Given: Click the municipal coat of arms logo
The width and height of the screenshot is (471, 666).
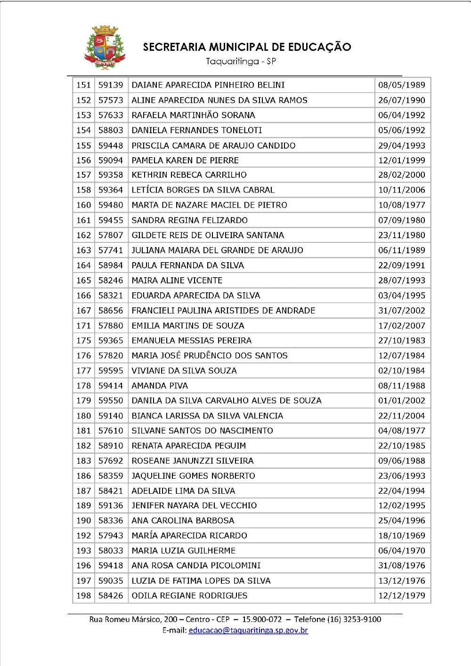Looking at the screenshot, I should [x=105, y=48].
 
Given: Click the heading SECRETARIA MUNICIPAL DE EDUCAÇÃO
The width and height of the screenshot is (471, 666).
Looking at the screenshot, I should [x=247, y=47].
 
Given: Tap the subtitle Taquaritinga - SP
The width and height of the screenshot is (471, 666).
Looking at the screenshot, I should [x=241, y=61].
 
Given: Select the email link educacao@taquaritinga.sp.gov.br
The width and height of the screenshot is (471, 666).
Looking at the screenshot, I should [x=248, y=630].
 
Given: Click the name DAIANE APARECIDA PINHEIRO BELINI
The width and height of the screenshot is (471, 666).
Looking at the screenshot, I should [x=208, y=85].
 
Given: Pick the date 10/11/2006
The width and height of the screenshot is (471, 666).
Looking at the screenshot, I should [x=401, y=190].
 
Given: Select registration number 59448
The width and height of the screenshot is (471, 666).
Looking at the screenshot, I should [x=111, y=146].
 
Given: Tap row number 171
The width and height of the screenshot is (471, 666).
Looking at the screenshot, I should [x=83, y=326].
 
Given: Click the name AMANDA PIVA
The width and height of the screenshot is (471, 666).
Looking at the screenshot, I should [x=160, y=386].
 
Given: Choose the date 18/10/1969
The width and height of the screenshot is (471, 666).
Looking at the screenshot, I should [x=401, y=536].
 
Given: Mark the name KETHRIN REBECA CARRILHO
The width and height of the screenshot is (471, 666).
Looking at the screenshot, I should [x=189, y=175].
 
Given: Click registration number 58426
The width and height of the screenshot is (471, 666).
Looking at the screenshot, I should [x=111, y=596].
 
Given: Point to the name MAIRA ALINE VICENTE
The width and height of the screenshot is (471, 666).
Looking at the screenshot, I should [x=177, y=281].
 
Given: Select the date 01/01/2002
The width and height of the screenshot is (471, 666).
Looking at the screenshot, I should [x=401, y=401].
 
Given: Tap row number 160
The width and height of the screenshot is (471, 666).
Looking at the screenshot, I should [x=83, y=205].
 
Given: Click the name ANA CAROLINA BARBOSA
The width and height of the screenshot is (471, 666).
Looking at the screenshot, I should [x=183, y=521].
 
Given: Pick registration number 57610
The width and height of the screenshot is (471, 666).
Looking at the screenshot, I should [x=111, y=431].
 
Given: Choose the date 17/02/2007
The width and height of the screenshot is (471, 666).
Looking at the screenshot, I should [x=401, y=326].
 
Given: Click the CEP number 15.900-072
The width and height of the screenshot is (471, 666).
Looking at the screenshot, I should [x=262, y=619].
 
